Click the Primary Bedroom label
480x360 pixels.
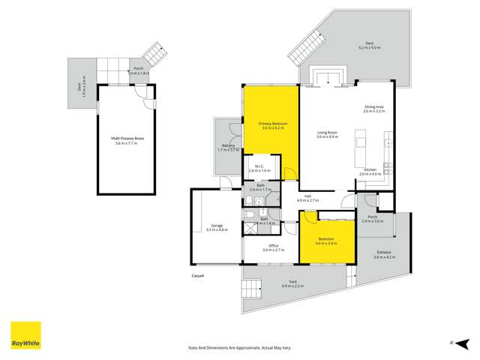[x=270, y=122]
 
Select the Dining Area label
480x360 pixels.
[x=374, y=108]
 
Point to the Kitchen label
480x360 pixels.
[x=370, y=170]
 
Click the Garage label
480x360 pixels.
[x=217, y=226]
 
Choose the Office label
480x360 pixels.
[x=270, y=246]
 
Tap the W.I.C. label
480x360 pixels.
[x=259, y=166]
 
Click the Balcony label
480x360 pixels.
[x=229, y=145]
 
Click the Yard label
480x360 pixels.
[x=293, y=282]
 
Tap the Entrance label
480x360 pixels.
[x=383, y=252]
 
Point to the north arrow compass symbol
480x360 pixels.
[x=453, y=341]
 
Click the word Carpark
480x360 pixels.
[x=197, y=275]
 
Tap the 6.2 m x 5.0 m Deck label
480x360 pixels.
[x=369, y=44]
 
